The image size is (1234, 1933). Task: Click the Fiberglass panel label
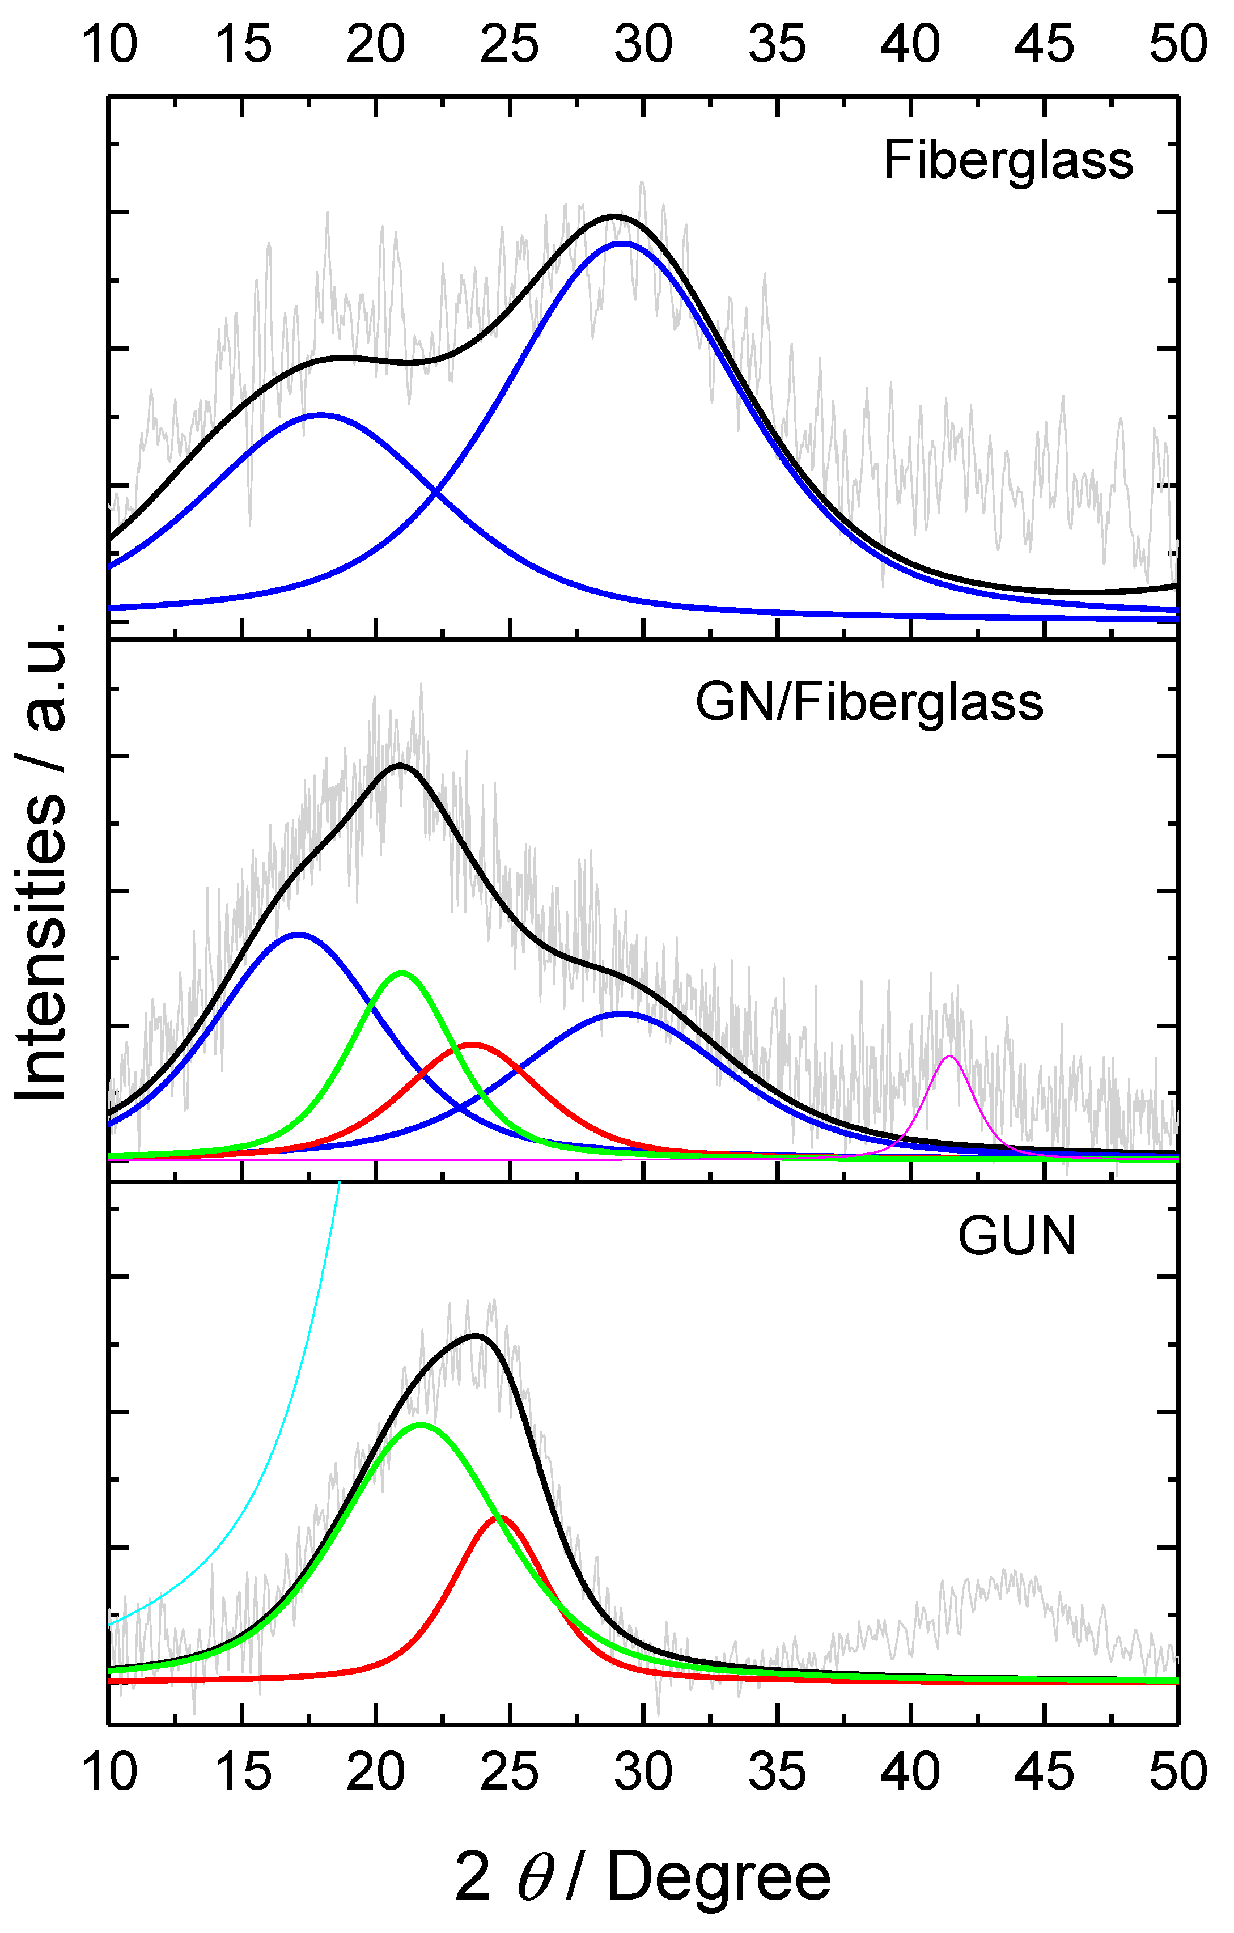click(x=1008, y=160)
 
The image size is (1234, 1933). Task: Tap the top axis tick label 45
click(x=1043, y=44)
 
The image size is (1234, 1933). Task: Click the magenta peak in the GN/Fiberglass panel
click(x=950, y=1057)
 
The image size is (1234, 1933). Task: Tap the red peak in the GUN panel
click(x=500, y=1517)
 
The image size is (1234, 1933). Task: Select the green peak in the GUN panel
click(x=421, y=1425)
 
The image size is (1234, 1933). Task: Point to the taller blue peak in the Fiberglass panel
click(x=622, y=243)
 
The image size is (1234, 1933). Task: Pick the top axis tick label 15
click(x=243, y=44)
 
